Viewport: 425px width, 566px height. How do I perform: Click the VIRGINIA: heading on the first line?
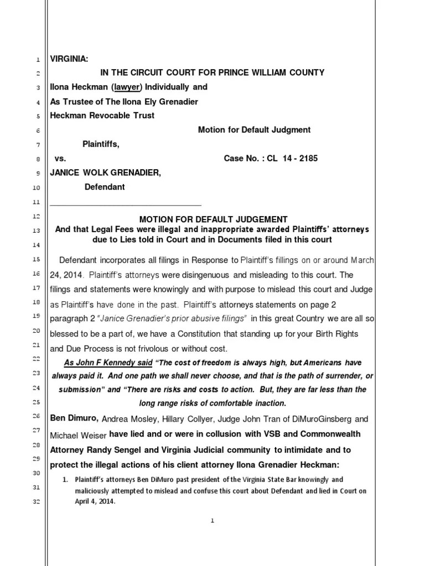tap(69, 59)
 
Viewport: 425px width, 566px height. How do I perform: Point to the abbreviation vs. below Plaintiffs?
tap(60, 159)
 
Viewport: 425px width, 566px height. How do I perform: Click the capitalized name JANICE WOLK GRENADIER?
tap(106, 173)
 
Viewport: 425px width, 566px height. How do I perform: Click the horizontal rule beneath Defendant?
tap(126, 205)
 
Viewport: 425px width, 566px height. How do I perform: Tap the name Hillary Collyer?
tap(179, 419)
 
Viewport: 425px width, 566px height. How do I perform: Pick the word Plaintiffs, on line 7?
tap(101, 144)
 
